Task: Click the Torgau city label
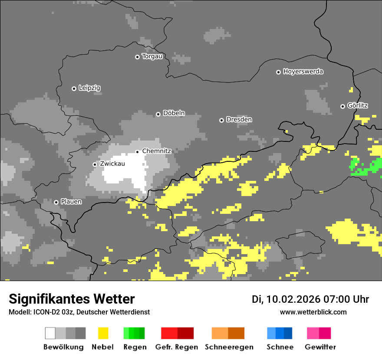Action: [152, 56]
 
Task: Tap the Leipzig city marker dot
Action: [74, 88]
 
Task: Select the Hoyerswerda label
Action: [303, 72]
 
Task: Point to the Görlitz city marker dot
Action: [342, 106]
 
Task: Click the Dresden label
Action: [239, 119]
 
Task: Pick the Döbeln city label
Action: [174, 113]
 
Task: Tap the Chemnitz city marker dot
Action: [137, 151]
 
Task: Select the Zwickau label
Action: [112, 164]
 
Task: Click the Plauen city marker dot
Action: [56, 202]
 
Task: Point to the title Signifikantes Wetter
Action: [72, 299]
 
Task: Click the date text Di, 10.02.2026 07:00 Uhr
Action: [310, 299]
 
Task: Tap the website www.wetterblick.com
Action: [313, 312]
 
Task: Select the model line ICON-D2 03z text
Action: [79, 312]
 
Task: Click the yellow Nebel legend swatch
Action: [103, 333]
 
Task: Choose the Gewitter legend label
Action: [320, 347]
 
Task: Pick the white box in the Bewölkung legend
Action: [50, 333]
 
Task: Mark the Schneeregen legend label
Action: [229, 347]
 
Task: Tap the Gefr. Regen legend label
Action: [177, 347]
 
